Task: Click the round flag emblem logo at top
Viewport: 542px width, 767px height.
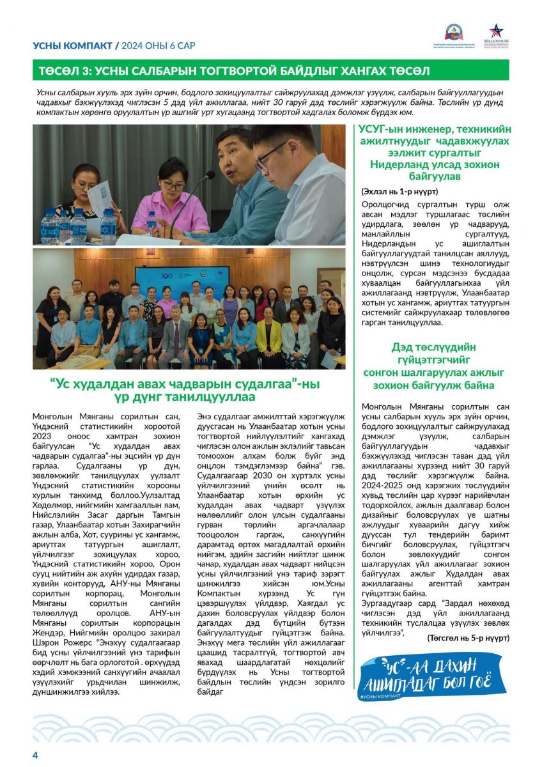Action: coord(454,32)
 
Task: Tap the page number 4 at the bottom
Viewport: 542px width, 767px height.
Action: coord(35,755)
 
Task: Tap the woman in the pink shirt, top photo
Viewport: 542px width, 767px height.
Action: coord(169,198)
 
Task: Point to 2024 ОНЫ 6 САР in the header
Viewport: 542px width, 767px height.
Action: coord(159,46)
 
